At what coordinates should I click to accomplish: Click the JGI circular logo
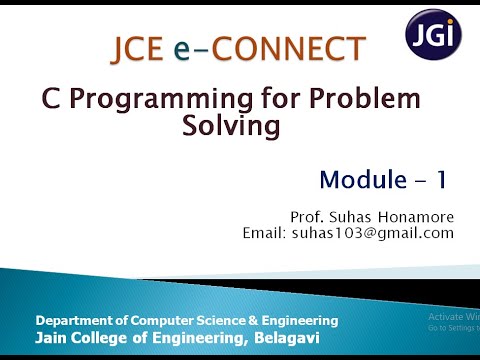click(433, 35)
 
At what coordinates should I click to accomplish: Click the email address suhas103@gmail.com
click(373, 233)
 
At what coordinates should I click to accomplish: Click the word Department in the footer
click(80, 321)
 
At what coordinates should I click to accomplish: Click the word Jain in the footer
click(53, 339)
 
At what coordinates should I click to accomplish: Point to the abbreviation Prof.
click(306, 217)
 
